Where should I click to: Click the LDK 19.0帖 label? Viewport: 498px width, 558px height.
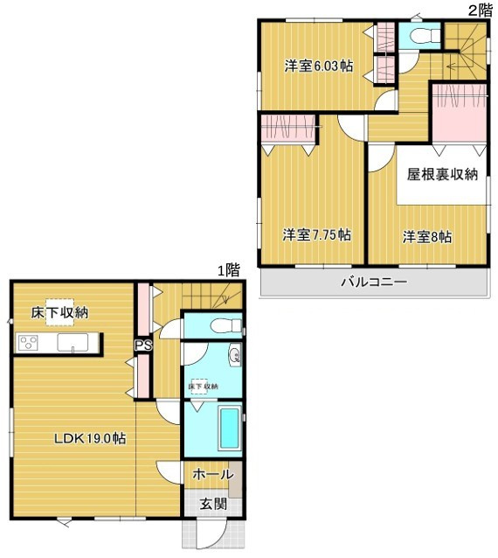click(90, 438)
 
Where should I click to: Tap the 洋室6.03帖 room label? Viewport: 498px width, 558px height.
click(319, 66)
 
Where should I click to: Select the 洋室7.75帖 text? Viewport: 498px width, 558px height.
click(317, 235)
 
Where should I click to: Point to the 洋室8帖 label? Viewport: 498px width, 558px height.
click(427, 237)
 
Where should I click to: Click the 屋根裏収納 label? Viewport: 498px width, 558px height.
click(442, 174)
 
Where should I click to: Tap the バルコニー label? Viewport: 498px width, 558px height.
click(374, 282)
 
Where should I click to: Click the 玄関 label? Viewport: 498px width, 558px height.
click(213, 504)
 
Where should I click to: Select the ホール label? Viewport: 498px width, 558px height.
click(213, 474)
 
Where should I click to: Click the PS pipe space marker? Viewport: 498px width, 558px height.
click(143, 345)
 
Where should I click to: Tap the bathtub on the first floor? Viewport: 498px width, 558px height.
click(229, 429)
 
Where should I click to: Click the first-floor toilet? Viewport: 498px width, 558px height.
click(226, 325)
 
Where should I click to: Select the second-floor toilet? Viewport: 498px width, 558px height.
click(425, 36)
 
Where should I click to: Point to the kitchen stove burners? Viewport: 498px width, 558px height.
click(28, 344)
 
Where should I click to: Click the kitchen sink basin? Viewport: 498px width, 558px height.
click(73, 343)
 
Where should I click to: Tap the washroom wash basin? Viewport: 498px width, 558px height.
click(235, 354)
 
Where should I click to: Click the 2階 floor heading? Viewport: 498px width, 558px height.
click(481, 10)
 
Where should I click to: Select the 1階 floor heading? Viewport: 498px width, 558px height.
click(229, 270)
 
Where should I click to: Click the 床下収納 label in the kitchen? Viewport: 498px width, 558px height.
click(59, 312)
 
